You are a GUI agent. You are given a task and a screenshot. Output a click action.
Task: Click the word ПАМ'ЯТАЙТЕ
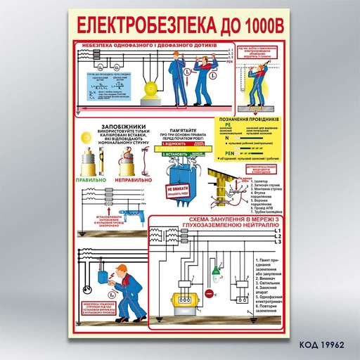[180, 128]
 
